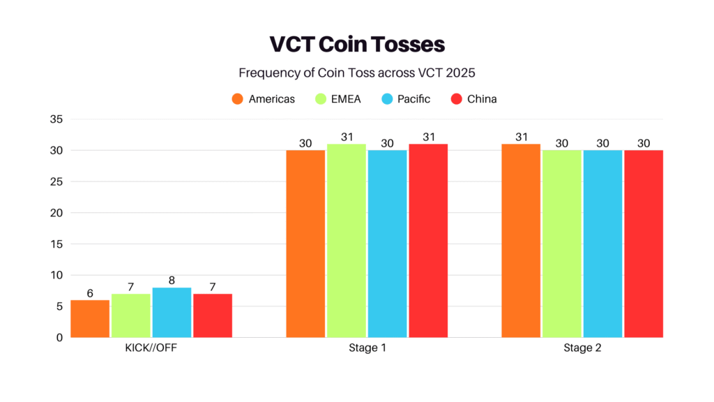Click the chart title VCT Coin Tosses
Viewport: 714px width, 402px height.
357,45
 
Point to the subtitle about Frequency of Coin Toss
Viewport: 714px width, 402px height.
357,73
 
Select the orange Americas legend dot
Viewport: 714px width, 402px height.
238,99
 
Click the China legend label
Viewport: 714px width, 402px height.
482,99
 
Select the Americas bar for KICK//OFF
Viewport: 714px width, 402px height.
90,319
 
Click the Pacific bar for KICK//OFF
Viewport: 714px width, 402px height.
172,313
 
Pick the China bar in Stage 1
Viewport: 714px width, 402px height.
428,241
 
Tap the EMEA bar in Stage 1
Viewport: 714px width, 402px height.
347,241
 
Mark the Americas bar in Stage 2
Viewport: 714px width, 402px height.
521,241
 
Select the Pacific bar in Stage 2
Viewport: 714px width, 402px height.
602,244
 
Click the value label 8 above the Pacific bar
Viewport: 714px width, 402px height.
172,279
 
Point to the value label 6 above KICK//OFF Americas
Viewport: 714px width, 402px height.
90,293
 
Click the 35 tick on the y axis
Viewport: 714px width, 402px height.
56,119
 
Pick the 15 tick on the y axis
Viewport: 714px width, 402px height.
56,244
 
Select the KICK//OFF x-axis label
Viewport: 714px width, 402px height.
151,348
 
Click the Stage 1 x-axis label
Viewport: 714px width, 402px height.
367,348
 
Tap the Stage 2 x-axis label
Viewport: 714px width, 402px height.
582,348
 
